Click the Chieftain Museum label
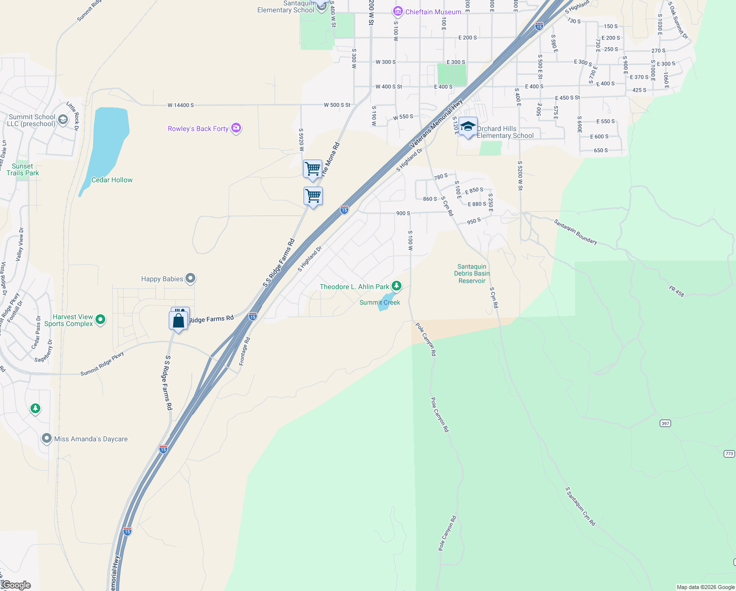click(x=433, y=12)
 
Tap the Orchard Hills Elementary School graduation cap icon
click(x=468, y=127)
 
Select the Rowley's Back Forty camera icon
click(x=236, y=128)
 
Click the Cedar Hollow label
click(x=112, y=180)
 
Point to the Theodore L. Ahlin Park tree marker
click(x=396, y=286)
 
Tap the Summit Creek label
click(x=380, y=302)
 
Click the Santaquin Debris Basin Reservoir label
click(x=472, y=274)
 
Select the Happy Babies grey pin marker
click(x=190, y=278)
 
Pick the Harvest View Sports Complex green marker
click(x=100, y=319)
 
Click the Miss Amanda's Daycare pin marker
click(x=47, y=438)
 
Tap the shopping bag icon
click(x=179, y=321)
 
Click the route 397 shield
click(x=665, y=424)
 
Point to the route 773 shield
click(x=729, y=454)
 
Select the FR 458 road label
click(x=676, y=291)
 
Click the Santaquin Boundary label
click(x=576, y=232)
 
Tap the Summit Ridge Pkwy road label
click(x=102, y=364)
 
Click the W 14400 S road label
click(x=181, y=105)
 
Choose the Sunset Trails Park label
click(x=23, y=169)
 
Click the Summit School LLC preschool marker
click(x=63, y=119)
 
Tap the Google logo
click(x=16, y=585)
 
